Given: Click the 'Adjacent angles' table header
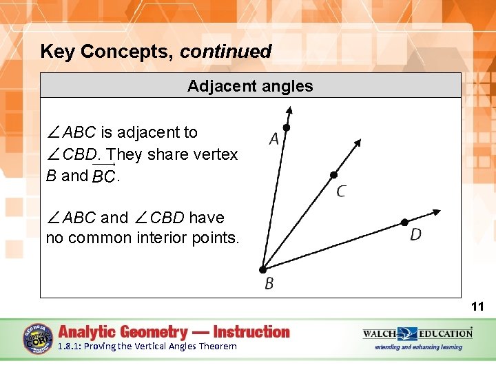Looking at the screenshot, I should [x=250, y=86].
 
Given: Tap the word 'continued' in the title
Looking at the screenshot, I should [x=226, y=52].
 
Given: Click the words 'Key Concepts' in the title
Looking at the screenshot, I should [x=107, y=52].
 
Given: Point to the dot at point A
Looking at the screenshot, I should [x=287, y=127].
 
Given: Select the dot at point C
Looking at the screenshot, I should [x=333, y=175].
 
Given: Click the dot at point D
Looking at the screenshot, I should [x=404, y=223].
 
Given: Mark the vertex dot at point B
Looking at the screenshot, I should [x=262, y=270].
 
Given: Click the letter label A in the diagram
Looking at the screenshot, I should [x=273, y=140].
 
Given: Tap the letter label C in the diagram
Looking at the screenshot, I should [x=341, y=192].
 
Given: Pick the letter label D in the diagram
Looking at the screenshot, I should [x=415, y=235].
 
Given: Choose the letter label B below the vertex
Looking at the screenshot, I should [x=269, y=284].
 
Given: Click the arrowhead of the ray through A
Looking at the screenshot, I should [x=290, y=110].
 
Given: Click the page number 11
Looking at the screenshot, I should [x=477, y=307].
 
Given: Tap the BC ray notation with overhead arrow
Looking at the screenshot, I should [x=103, y=176].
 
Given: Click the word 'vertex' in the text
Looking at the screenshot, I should [x=216, y=154].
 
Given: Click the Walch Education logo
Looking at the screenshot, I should [x=417, y=335].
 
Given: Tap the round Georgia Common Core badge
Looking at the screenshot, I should [x=38, y=339].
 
